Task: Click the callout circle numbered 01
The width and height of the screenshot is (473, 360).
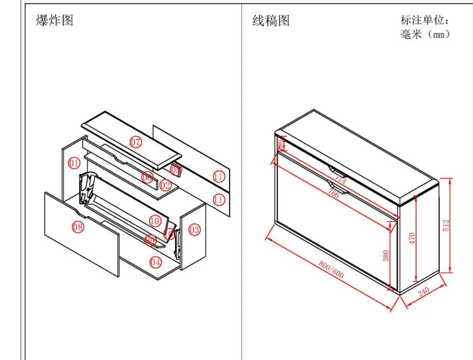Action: point(74,163)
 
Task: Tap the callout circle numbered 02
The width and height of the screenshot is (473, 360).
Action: point(165,186)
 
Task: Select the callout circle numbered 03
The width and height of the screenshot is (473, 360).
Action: point(194,229)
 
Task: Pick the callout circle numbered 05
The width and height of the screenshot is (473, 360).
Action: point(176,170)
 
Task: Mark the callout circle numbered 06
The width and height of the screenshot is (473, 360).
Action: point(147,177)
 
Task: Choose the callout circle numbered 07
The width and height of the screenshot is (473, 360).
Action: point(136,142)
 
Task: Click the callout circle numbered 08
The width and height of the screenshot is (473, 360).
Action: point(78,227)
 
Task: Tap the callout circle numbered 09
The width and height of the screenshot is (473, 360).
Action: point(151,240)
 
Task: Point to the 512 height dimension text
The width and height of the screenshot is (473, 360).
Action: point(446,225)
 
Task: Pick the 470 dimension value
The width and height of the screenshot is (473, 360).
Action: point(412,238)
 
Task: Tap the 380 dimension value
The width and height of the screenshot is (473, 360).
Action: point(386,255)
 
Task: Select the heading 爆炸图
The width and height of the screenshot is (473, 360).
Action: point(55,20)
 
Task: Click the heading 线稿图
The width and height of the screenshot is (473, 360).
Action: point(271,20)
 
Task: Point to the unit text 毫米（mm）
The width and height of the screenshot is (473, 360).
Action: point(425,34)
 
